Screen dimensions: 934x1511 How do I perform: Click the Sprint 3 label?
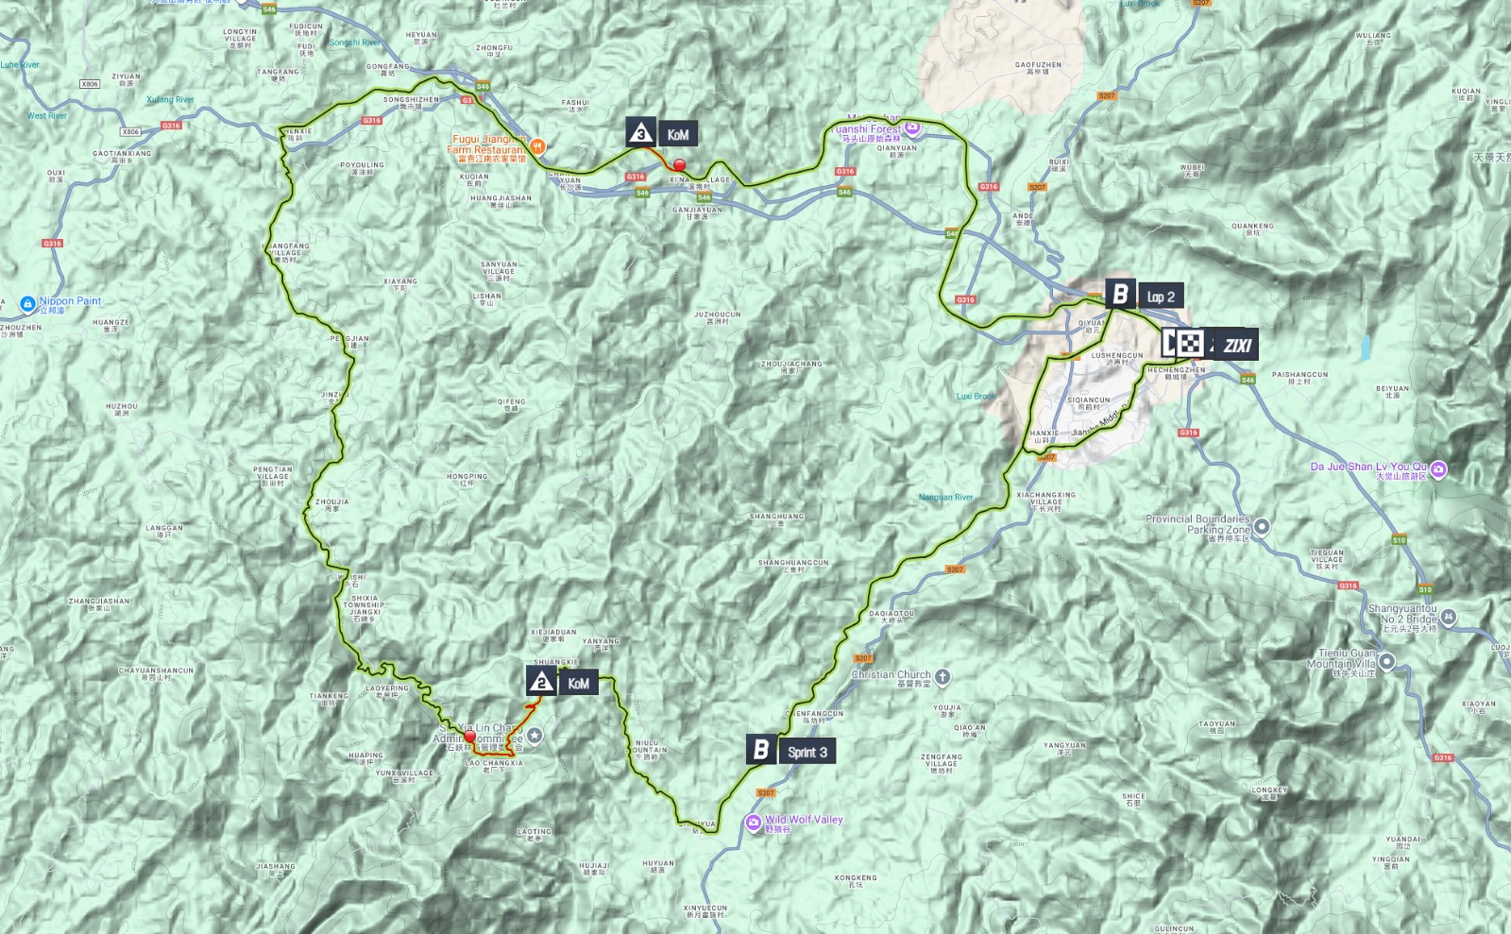tap(807, 752)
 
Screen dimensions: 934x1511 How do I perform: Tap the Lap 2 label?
tap(1161, 297)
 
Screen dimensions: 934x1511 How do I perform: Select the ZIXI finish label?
tap(1237, 346)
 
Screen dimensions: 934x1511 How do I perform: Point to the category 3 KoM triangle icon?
tap(641, 133)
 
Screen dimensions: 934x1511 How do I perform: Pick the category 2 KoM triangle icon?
tap(541, 682)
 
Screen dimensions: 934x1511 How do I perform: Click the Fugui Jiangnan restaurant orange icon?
tap(537, 146)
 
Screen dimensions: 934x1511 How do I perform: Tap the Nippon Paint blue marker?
tap(27, 304)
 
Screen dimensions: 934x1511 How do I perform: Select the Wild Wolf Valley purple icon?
tap(753, 823)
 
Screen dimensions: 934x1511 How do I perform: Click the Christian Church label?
tap(891, 675)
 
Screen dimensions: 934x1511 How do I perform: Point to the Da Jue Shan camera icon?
tap(1438, 468)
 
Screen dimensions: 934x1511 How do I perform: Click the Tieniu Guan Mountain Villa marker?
tap(1386, 661)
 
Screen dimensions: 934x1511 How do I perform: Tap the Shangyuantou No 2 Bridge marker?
tap(1448, 617)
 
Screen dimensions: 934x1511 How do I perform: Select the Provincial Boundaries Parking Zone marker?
tap(1262, 527)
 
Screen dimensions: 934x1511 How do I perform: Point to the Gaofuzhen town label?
tap(1038, 66)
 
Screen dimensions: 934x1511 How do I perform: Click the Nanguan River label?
tap(945, 498)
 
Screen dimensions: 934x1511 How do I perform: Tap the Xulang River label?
tap(170, 100)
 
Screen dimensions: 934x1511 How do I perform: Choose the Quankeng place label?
tap(1252, 228)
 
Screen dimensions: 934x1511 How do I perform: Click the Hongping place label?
tap(467, 478)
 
